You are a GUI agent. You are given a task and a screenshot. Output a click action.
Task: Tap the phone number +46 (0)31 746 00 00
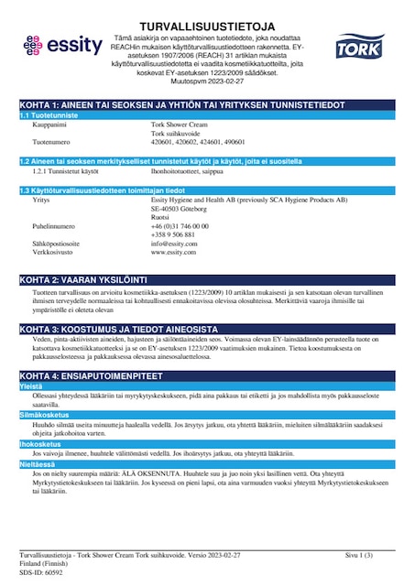click(x=181, y=225)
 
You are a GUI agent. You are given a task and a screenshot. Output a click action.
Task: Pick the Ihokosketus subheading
click(x=39, y=442)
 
